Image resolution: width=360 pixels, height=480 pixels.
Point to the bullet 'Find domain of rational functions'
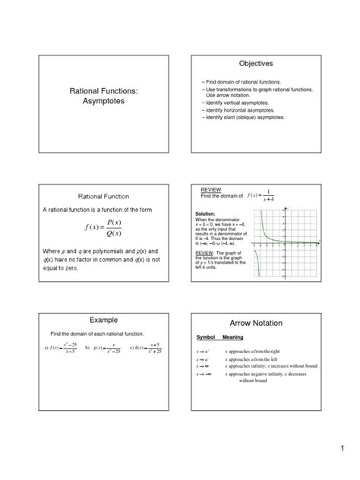242,81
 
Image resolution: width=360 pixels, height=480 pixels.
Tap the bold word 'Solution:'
206,214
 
